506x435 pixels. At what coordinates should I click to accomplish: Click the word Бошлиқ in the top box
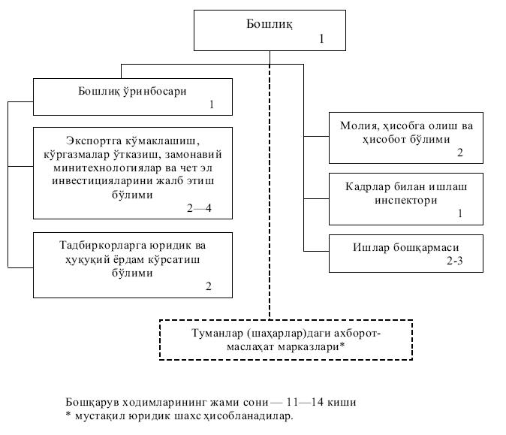coord(270,24)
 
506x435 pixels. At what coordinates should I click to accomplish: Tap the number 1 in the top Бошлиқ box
coord(321,39)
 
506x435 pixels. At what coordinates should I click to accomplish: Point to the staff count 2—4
coord(199,208)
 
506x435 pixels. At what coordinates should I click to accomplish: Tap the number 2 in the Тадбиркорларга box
coord(209,286)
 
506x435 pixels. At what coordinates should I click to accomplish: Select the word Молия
coord(360,126)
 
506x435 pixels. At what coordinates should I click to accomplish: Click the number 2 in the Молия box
coord(460,153)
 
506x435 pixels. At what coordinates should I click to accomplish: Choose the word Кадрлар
coord(367,187)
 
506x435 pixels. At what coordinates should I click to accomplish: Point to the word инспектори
coord(406,201)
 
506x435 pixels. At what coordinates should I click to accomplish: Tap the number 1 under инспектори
coord(460,213)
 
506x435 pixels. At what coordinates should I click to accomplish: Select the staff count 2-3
coord(455,261)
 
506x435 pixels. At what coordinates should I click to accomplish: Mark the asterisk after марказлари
coord(342,346)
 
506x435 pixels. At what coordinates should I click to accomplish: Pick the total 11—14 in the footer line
coord(305,403)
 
